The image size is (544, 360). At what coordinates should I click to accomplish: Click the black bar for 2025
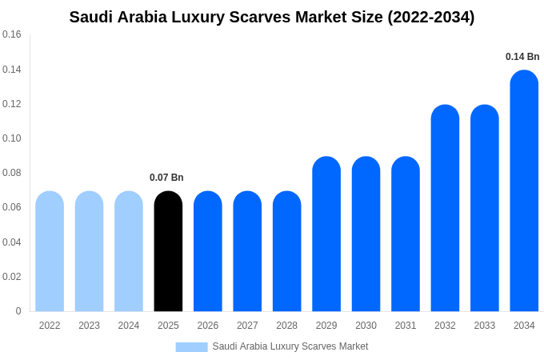(x=168, y=251)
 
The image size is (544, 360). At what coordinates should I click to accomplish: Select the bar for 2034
(x=524, y=191)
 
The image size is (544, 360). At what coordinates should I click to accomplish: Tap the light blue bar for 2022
(x=50, y=251)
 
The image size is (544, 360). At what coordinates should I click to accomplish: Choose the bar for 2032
(x=445, y=208)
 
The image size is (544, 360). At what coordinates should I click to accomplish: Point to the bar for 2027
(x=247, y=251)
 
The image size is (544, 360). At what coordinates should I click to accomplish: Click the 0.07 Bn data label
(x=166, y=178)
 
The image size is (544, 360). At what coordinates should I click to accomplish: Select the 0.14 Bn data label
(x=522, y=57)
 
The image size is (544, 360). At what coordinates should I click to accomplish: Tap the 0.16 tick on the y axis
(x=12, y=34)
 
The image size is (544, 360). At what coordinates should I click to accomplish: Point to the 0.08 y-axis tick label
(x=12, y=173)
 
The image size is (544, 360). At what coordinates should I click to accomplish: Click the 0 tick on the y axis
(x=18, y=311)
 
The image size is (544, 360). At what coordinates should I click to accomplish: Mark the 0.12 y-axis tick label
(x=12, y=104)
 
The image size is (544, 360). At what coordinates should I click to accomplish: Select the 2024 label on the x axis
(x=129, y=326)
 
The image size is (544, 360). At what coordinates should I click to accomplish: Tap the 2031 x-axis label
(x=406, y=326)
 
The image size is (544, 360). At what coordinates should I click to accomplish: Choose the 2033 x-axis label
(x=485, y=326)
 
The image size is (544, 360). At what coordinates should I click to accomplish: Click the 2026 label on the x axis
(x=208, y=326)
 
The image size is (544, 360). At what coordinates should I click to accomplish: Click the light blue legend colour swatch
(x=191, y=347)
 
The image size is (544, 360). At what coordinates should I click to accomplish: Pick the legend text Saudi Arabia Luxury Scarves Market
(x=290, y=346)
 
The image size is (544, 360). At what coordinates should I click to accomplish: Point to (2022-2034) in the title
(x=431, y=17)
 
